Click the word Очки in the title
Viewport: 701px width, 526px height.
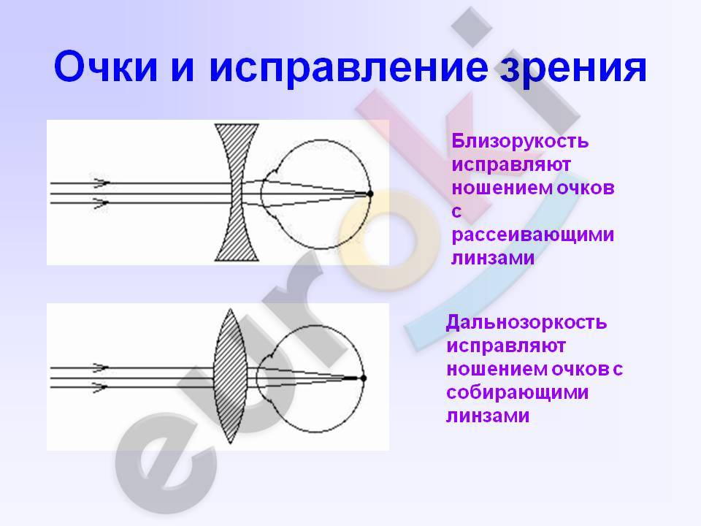point(105,67)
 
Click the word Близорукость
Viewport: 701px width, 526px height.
point(520,141)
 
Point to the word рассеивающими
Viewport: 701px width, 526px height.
point(533,235)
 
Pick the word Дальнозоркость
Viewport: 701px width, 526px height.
point(526,322)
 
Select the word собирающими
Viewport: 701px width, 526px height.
point(517,392)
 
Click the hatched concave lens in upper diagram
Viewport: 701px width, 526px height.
point(237,192)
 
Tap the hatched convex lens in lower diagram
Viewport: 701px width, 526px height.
point(230,376)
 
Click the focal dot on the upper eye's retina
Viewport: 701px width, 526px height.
point(370,194)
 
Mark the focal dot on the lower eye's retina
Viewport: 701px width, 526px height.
point(364,378)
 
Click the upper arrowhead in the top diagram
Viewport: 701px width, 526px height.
point(101,183)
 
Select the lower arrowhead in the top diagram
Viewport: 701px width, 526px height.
point(101,203)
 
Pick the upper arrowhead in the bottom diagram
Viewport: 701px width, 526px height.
point(100,367)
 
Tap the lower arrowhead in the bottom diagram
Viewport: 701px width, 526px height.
point(100,387)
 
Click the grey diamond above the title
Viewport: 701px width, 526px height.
point(472,27)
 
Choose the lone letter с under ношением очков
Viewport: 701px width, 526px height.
point(456,211)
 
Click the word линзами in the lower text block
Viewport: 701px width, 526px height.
point(488,416)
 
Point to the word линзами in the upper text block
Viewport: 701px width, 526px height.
point(493,258)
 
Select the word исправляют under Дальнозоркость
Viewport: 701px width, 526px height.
point(506,346)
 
